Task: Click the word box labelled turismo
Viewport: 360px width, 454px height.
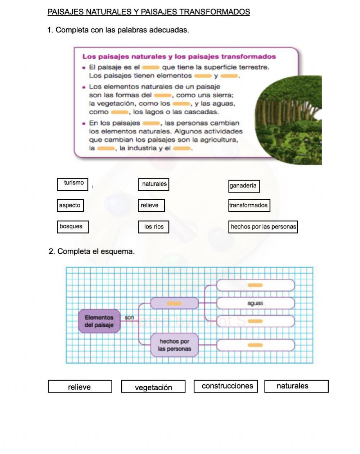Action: click(x=73, y=184)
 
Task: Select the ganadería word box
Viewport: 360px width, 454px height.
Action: click(x=244, y=186)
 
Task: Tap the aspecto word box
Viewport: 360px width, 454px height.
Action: click(x=70, y=205)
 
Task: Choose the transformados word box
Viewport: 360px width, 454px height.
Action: click(x=249, y=205)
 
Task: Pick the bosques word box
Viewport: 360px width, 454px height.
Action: click(x=73, y=227)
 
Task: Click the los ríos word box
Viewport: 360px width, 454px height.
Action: click(x=153, y=227)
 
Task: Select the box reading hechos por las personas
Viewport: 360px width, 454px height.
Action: click(x=263, y=227)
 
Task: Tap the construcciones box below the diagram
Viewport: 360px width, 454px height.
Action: click(x=226, y=386)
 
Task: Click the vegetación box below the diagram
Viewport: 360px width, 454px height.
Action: click(x=153, y=387)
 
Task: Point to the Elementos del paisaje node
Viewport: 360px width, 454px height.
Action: click(x=99, y=321)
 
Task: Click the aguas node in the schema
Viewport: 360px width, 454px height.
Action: click(x=255, y=303)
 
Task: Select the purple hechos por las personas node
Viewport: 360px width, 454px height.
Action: click(x=174, y=345)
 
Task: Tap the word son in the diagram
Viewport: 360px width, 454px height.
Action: click(x=129, y=318)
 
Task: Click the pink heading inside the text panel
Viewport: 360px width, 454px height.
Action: click(x=179, y=56)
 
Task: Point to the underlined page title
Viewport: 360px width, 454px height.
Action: click(x=149, y=12)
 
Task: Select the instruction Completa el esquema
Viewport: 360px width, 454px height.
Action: click(x=92, y=251)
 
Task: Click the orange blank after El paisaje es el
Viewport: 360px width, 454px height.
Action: click(x=150, y=67)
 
